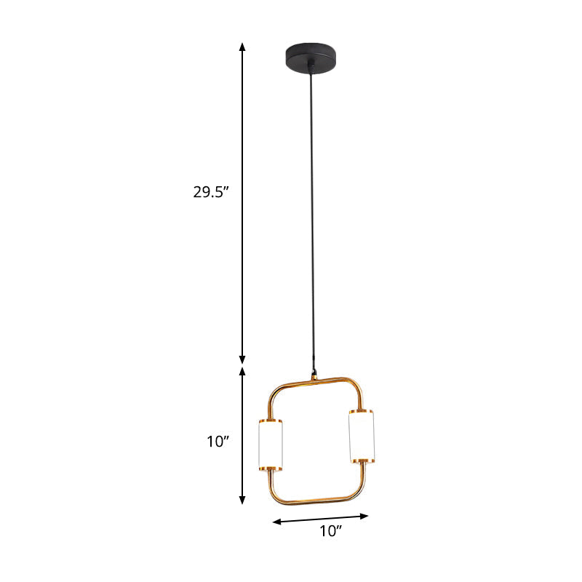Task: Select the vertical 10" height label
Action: [218, 441]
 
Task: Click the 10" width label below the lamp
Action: [331, 531]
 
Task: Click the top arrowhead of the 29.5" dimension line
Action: [243, 47]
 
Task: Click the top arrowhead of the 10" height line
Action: [243, 371]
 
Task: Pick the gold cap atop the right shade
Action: [361, 412]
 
